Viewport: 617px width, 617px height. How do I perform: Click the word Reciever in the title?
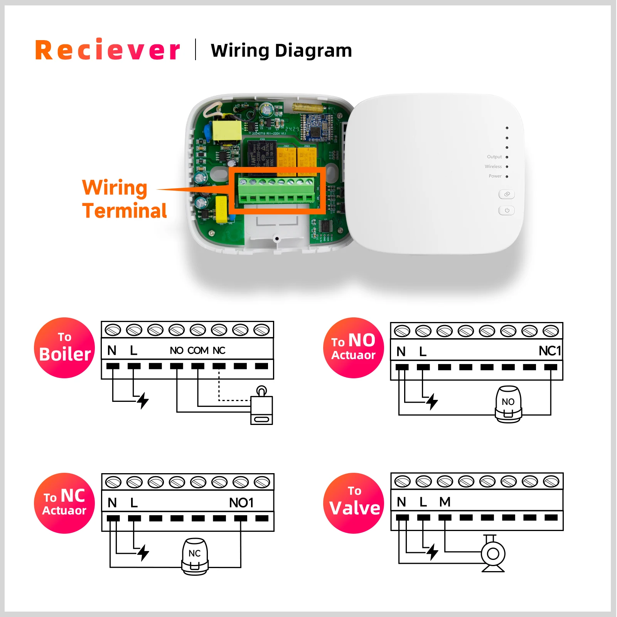click(108, 50)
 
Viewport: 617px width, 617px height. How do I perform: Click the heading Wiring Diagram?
click(281, 51)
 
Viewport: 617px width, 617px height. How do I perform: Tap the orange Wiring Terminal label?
click(124, 199)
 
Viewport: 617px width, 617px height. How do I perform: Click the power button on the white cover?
click(506, 211)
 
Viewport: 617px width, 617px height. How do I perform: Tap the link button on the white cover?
click(506, 194)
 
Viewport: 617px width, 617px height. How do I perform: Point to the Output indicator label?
click(494, 157)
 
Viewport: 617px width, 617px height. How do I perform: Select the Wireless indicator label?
click(493, 167)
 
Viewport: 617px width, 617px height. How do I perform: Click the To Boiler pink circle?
click(64, 348)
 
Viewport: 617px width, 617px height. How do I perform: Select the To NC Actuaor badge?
click(64, 503)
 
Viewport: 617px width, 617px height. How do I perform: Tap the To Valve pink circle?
click(354, 503)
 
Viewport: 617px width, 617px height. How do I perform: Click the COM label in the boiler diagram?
click(198, 351)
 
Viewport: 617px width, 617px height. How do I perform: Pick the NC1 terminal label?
click(550, 351)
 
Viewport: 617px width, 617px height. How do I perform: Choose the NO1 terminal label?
click(241, 503)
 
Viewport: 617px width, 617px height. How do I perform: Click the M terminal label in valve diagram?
click(445, 502)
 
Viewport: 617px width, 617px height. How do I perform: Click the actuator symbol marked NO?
click(508, 404)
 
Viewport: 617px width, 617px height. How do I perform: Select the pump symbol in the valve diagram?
click(493, 554)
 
